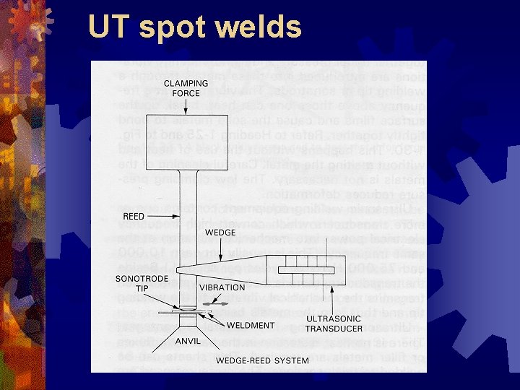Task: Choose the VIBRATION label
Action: [221, 287]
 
